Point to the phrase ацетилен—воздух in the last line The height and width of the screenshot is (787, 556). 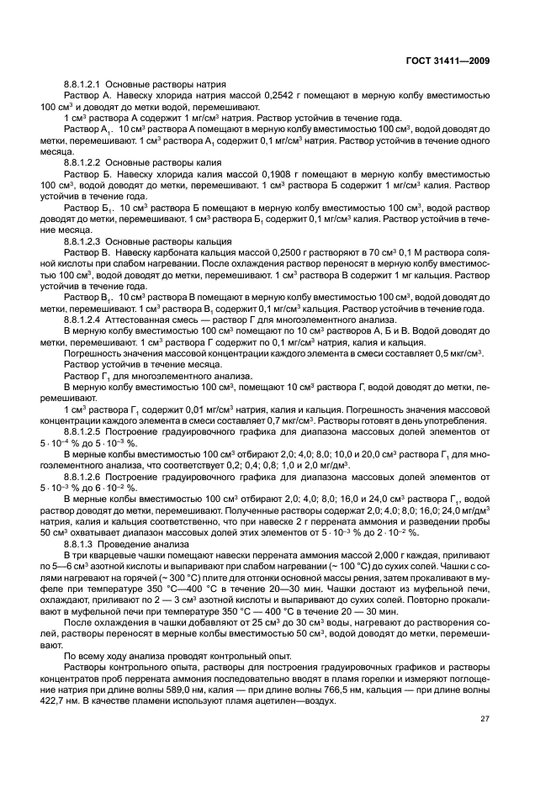(291, 700)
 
